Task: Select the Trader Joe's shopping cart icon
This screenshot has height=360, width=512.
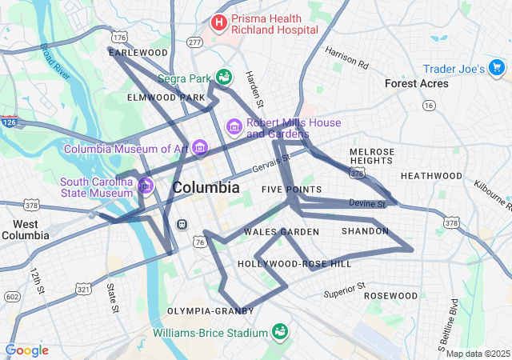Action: pos(497,70)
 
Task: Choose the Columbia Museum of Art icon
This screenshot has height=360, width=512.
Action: pos(199,148)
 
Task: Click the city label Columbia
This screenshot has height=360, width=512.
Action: pos(206,188)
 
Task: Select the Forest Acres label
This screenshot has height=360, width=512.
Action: pos(417,83)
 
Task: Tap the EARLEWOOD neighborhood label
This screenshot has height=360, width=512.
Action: pos(138,53)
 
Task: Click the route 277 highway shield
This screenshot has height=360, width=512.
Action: pos(194,41)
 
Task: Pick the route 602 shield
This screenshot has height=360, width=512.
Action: pos(11,296)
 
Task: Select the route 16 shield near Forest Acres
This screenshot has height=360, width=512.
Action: pos(430,105)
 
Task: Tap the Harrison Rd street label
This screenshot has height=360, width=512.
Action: pos(346,57)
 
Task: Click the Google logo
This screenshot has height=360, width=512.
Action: pos(27,350)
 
